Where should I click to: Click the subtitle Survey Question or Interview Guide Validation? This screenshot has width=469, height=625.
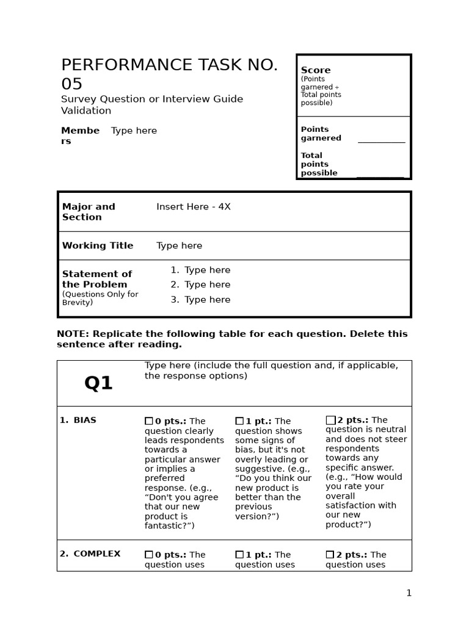151,104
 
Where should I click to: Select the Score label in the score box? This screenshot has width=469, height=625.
316,70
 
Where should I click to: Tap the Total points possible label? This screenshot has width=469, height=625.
319,164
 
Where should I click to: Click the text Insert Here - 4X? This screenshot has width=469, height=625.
193,207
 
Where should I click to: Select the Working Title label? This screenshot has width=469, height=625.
98,245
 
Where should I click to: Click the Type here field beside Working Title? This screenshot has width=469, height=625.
179,245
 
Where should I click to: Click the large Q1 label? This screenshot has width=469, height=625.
98,383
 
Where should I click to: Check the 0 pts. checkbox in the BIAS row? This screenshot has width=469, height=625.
149,421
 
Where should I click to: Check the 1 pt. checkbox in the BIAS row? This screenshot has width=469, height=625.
239,421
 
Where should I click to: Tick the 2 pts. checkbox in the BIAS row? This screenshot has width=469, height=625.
330,420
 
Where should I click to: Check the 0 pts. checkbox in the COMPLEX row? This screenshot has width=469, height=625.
149,555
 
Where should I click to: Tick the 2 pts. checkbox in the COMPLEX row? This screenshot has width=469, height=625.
330,555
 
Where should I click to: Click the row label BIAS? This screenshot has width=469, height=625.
85,421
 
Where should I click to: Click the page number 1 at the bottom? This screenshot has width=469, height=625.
409,593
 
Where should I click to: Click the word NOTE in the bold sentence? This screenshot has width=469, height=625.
72,334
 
